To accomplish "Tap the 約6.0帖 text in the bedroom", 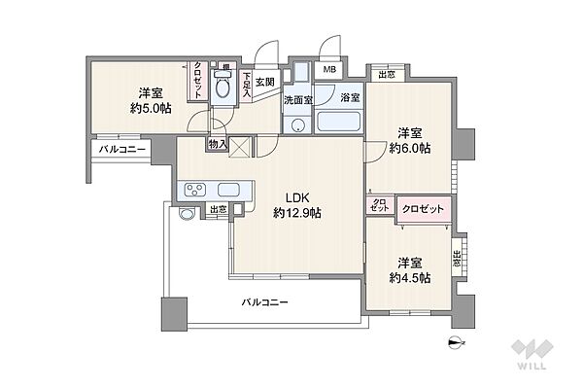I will point(409,148).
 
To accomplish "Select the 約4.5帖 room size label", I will point(409,277).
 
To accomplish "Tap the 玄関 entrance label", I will point(265,81).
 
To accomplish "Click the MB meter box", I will point(330,70).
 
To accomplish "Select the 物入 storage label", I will point(217,144).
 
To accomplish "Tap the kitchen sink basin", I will point(230,190).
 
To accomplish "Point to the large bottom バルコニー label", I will point(264,302).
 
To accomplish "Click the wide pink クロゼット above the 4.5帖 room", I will point(425,207).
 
